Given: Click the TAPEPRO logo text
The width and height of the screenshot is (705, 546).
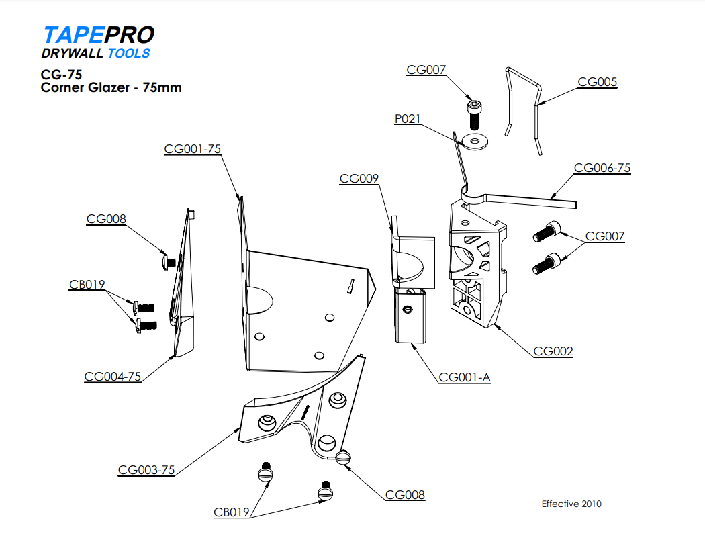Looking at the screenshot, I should (x=98, y=36).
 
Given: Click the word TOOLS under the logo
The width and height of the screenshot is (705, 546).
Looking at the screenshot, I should (x=129, y=54).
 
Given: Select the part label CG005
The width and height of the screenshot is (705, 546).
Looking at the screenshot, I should (x=597, y=83).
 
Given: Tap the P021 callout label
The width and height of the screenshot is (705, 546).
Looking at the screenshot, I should (x=407, y=119).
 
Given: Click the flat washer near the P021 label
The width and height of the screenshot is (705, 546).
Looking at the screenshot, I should (x=475, y=142).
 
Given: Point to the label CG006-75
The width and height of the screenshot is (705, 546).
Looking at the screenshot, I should (x=602, y=168).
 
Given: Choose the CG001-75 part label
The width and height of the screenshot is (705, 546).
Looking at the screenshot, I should (x=193, y=149).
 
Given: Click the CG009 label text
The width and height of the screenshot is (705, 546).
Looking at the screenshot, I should (x=359, y=179).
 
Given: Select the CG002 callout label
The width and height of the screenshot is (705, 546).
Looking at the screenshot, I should (x=553, y=351).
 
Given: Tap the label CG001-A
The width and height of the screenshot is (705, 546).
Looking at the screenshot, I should (x=465, y=377).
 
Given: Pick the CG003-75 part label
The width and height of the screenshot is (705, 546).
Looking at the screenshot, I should (x=146, y=470).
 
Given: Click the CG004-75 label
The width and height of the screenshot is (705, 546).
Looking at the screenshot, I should (x=113, y=377).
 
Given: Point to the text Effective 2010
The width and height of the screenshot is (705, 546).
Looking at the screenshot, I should (x=571, y=504).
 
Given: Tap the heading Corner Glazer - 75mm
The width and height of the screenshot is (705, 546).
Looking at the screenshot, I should (x=111, y=87).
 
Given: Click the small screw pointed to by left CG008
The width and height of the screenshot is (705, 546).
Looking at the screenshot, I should (x=168, y=259).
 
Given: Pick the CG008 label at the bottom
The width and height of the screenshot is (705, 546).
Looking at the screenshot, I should (x=405, y=495).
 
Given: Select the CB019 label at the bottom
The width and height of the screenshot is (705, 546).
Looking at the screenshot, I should (x=232, y=513).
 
